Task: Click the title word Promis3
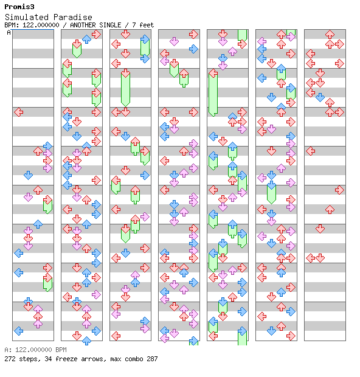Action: (x=19, y=7)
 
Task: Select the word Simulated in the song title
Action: (x=27, y=17)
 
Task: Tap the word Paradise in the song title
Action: (x=72, y=17)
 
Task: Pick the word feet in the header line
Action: (x=147, y=25)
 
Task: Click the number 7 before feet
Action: (x=134, y=25)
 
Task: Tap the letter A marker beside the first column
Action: (x=9, y=32)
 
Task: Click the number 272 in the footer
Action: (x=10, y=359)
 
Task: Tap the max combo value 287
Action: (x=152, y=359)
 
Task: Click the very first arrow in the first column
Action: (x=18, y=112)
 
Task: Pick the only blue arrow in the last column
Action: (x=320, y=97)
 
